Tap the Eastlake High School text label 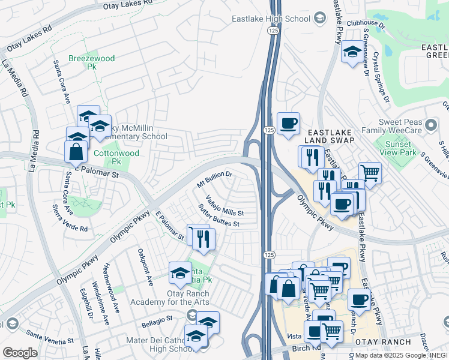(x=272, y=19)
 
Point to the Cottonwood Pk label (x=108, y=157)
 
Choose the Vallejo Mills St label (x=224, y=205)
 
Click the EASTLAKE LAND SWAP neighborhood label (x=330, y=135)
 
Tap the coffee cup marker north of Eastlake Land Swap (x=288, y=122)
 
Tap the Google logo (x=20, y=352)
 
